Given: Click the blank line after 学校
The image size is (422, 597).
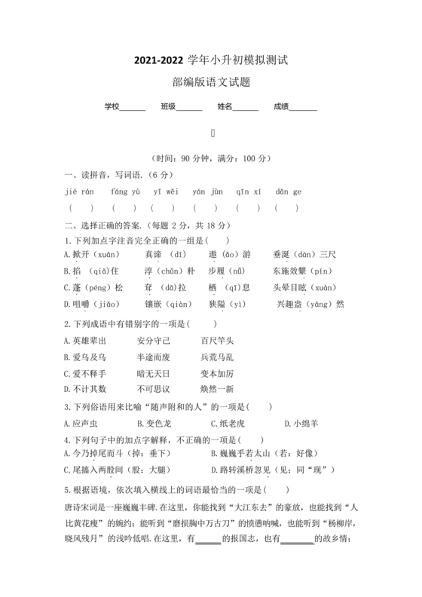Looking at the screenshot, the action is (x=133, y=109).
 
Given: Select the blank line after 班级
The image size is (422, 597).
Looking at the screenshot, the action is (x=189, y=109).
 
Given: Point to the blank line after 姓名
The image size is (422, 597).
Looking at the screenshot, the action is (x=246, y=109).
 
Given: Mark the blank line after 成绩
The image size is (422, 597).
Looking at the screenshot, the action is (x=303, y=109).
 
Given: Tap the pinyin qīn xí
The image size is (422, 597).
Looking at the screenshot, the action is (x=248, y=191).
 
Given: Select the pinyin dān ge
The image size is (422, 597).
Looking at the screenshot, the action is (x=288, y=191).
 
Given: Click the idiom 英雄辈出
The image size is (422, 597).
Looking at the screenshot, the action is (x=85, y=341).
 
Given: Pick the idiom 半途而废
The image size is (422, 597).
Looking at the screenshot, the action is (x=153, y=357).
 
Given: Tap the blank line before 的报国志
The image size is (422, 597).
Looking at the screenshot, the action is (x=208, y=540).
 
